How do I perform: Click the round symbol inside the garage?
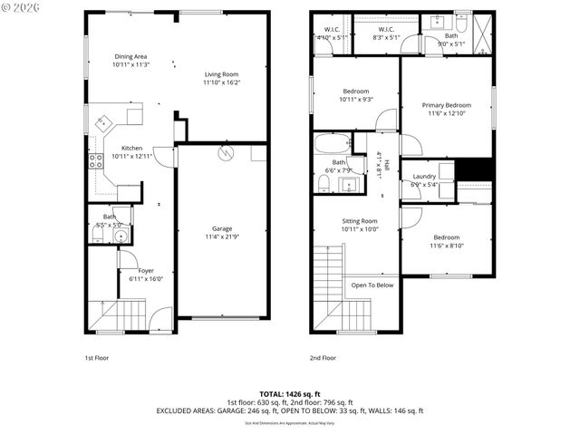(223, 155)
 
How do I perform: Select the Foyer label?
(145, 270)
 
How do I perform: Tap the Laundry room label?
(424, 177)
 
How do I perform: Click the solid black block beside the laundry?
(474, 169)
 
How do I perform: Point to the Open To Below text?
(372, 285)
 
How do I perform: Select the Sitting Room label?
(359, 221)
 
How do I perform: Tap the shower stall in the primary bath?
(478, 27)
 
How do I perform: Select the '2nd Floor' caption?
(323, 358)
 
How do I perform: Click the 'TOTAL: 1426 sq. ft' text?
(289, 393)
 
